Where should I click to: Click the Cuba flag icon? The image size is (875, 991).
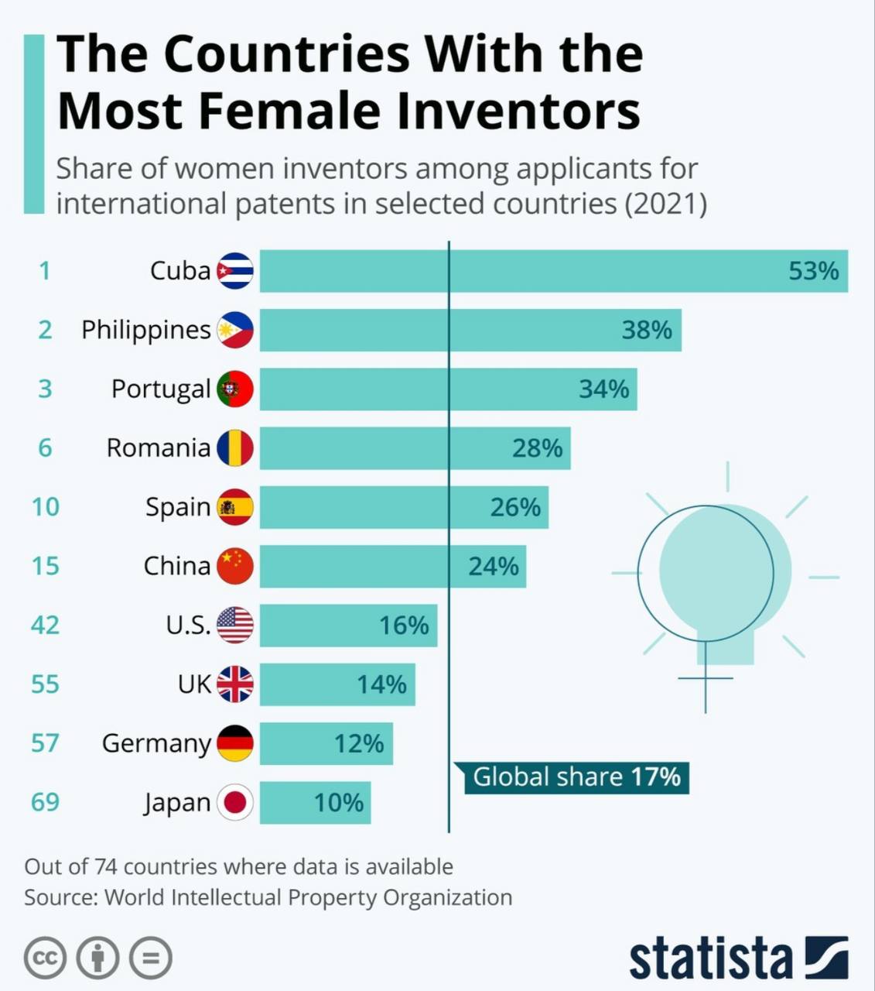pos(234,271)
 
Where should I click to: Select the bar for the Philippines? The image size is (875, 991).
pos(470,330)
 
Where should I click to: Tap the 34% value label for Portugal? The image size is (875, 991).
pos(604,389)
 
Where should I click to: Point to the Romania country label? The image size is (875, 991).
pos(159,447)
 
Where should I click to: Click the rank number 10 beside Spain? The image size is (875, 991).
pos(45,506)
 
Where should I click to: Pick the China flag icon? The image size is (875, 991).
pos(234,566)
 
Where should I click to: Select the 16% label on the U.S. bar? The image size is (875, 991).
pos(404,625)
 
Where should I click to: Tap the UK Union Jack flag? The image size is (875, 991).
pos(234,684)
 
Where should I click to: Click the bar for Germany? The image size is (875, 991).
pos(326,743)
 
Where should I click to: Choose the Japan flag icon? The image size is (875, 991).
pos(234,802)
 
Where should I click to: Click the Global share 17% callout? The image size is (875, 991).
pos(576,777)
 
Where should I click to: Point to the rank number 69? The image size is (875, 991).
pos(45,801)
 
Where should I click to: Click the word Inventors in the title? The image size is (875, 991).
pos(518,111)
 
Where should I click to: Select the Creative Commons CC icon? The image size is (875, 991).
pos(45,958)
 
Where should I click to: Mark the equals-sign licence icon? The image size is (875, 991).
pos(150,958)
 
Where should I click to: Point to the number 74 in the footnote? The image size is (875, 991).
pos(107,866)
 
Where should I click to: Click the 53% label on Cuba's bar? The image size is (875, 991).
pos(813,271)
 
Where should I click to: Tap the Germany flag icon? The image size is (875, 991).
pos(234,743)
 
